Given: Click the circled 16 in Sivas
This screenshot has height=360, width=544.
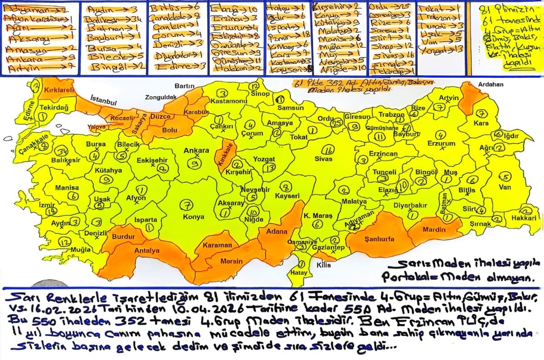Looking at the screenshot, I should pyautogui.click(x=330, y=150).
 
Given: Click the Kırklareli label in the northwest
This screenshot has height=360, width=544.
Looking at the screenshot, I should pyautogui.click(x=58, y=91).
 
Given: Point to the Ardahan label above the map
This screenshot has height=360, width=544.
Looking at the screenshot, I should pyautogui.click(x=487, y=84).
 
